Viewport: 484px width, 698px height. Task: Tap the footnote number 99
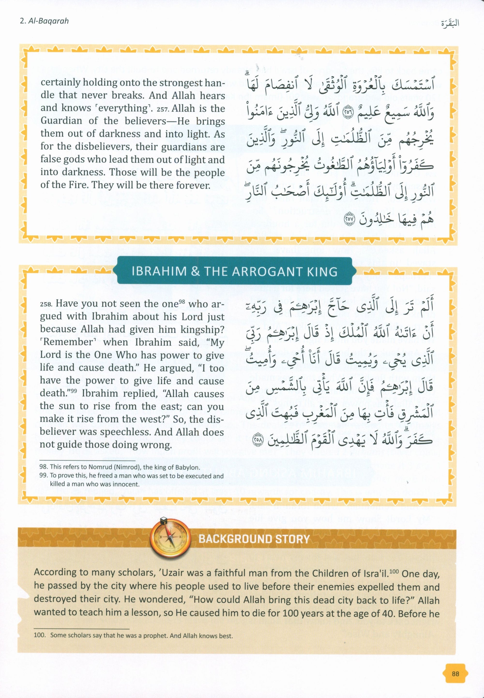pyautogui.click(x=44, y=476)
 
